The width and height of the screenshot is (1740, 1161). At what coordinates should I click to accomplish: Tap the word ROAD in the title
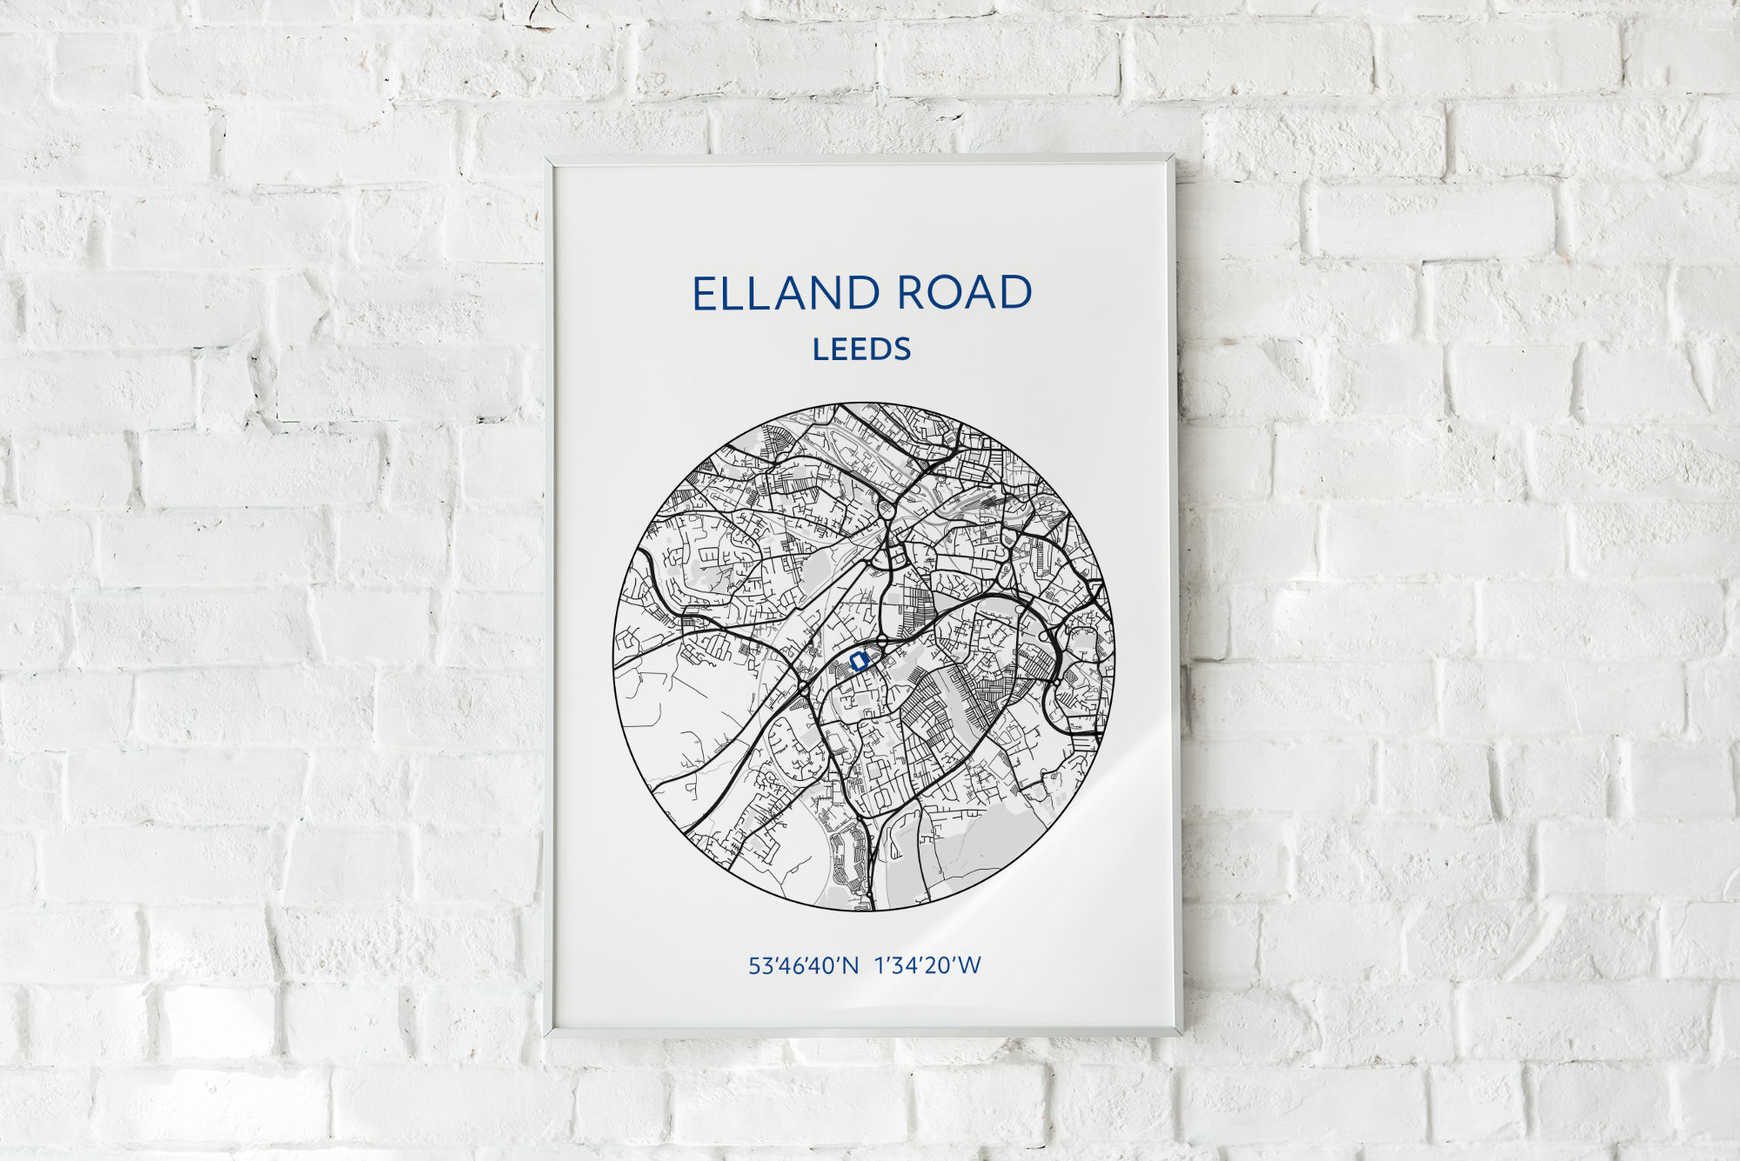click(x=964, y=293)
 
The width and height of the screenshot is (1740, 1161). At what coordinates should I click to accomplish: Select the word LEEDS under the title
click(x=861, y=350)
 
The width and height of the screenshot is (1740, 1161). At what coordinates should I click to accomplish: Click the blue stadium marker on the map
click(x=859, y=662)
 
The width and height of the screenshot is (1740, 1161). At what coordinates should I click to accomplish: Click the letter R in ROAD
click(x=912, y=293)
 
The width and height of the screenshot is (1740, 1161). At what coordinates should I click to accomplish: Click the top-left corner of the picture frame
click(x=546, y=158)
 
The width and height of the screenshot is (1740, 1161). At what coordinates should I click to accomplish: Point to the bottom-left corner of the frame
click(x=546, y=1035)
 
